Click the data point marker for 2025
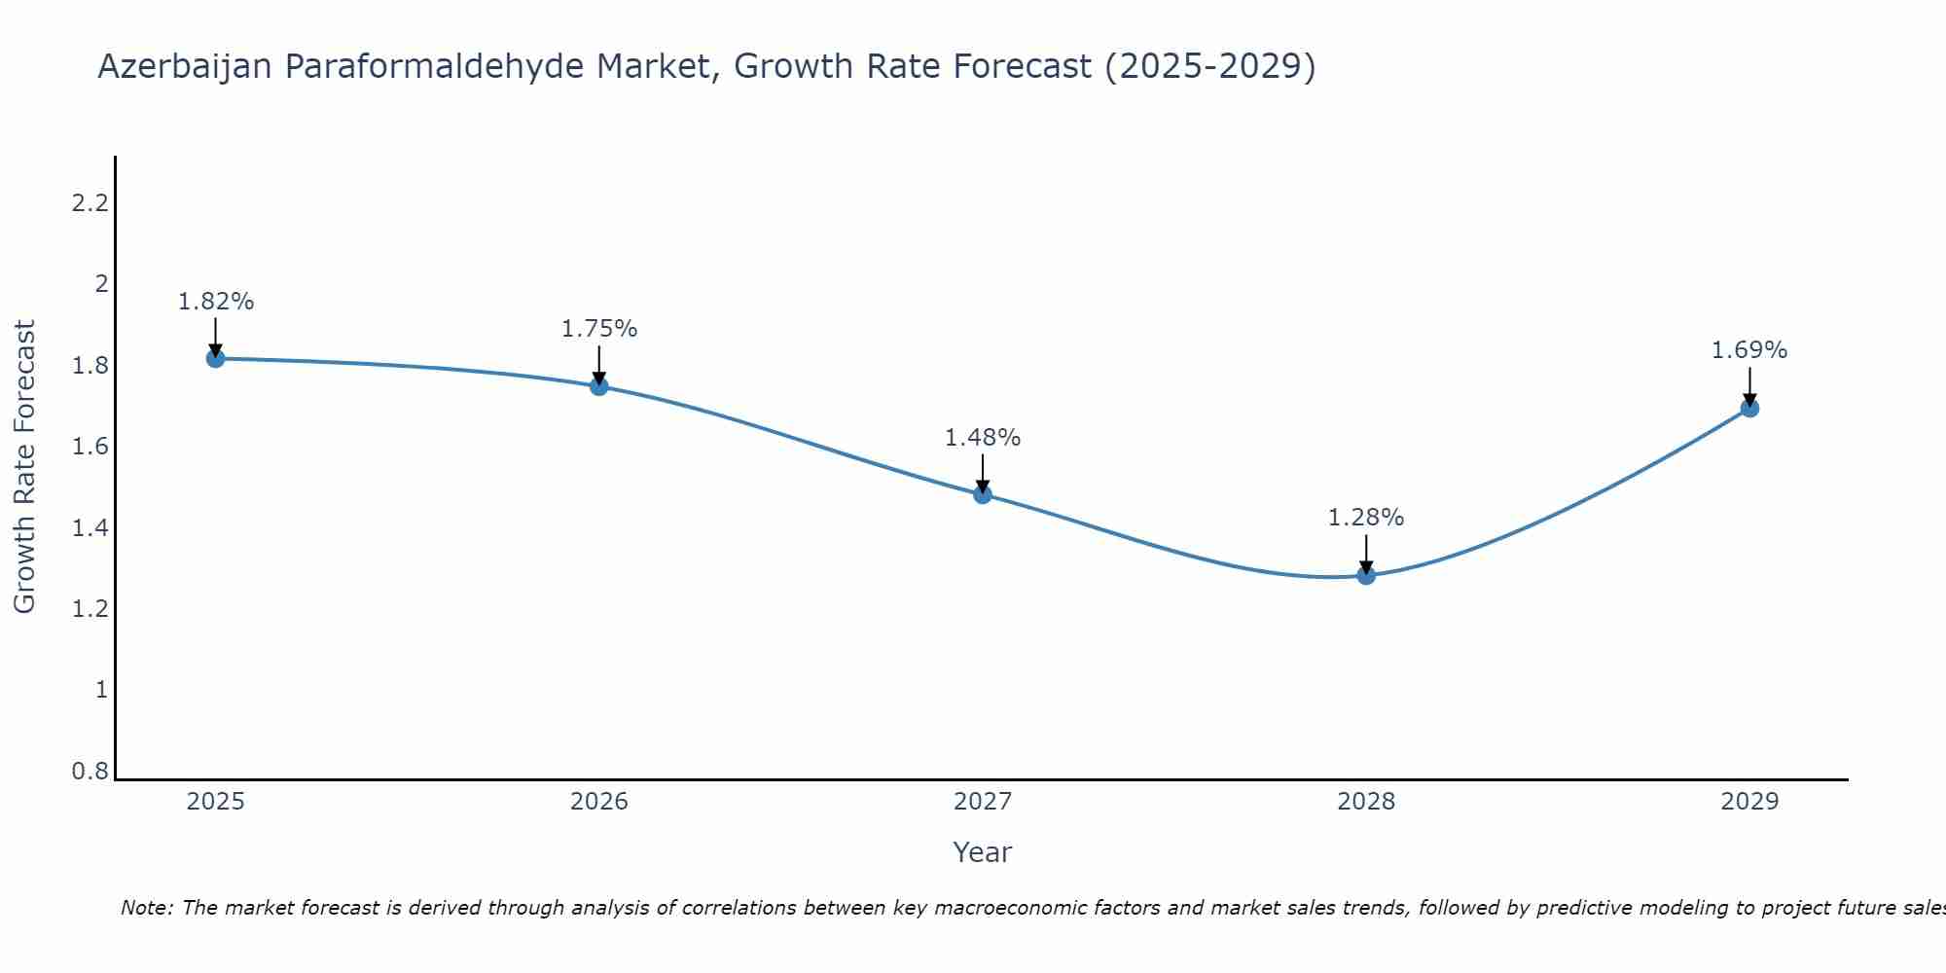tap(216, 358)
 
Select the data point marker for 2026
tap(599, 386)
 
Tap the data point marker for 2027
tap(983, 494)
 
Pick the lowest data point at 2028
tap(1366, 575)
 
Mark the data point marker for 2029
tap(1749, 408)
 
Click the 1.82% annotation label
tap(216, 302)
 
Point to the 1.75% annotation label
tap(599, 329)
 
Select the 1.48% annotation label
tap(983, 438)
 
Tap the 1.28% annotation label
tap(1366, 518)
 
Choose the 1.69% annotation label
tap(1749, 350)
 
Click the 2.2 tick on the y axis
tap(90, 203)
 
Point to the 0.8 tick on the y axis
tap(90, 772)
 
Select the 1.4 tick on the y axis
tap(90, 528)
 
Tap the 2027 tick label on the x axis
tap(983, 802)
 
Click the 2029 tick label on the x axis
tap(1749, 802)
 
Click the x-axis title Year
tap(983, 852)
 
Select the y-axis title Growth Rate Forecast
tap(24, 467)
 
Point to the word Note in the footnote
tap(146, 908)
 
